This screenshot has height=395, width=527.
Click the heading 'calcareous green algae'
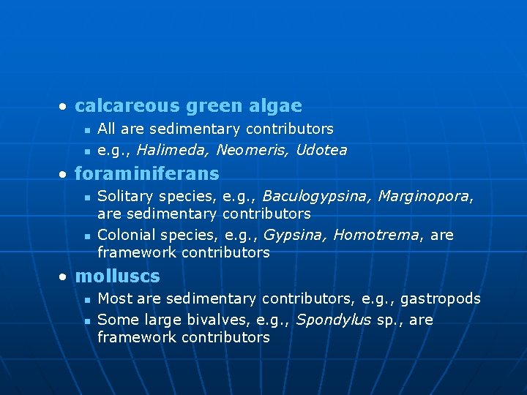(188, 106)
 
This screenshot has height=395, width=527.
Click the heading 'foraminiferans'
(146, 173)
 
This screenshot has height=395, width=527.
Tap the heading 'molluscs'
(117, 276)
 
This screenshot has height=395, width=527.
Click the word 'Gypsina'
(291, 236)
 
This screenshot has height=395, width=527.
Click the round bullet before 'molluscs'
(64, 277)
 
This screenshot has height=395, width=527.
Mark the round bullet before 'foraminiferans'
(64, 174)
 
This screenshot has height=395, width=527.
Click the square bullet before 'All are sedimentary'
(86, 130)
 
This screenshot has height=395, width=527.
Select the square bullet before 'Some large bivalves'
(86, 321)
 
